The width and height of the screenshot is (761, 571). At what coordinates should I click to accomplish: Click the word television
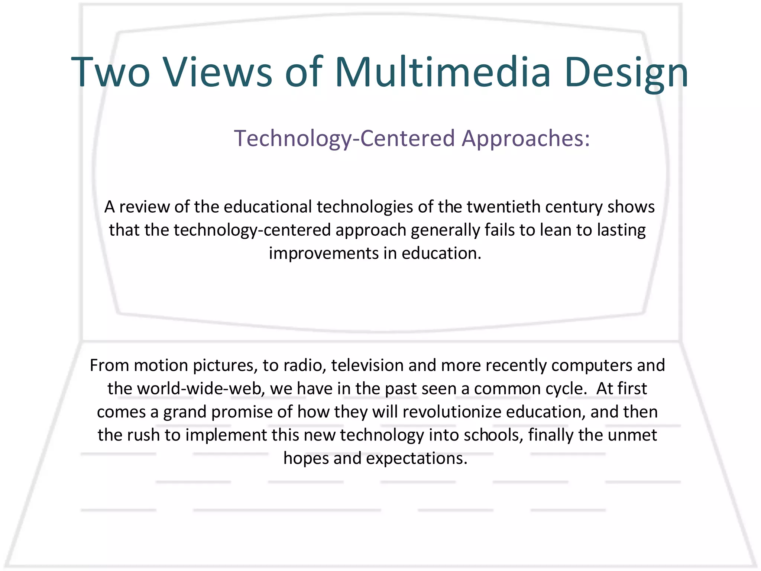click(x=367, y=365)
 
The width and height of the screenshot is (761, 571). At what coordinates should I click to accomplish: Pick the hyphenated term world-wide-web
click(x=201, y=389)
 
